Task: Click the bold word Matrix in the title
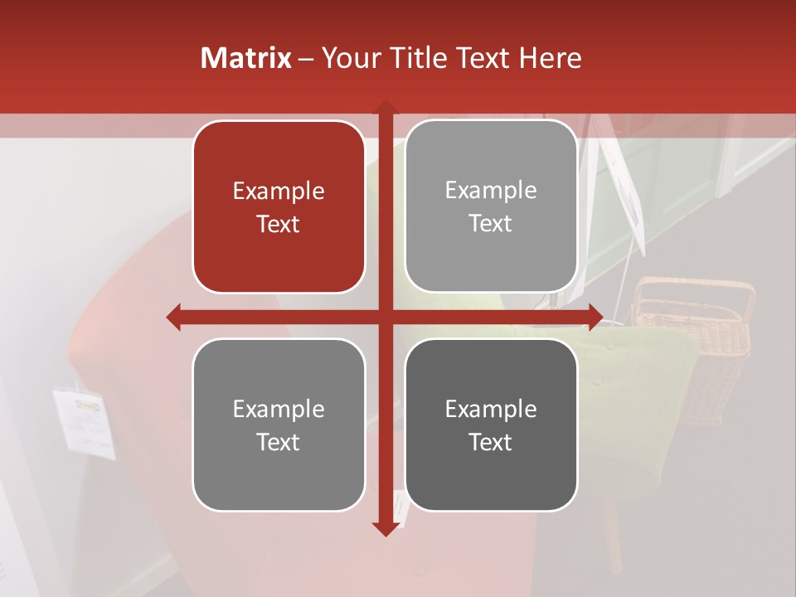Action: tap(246, 58)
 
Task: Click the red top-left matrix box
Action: tap(279, 206)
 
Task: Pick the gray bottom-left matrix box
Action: tap(279, 425)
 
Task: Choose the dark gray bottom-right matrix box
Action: tap(491, 425)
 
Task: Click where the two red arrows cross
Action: tap(385, 317)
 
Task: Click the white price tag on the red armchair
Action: tap(85, 421)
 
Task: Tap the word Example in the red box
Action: tap(279, 192)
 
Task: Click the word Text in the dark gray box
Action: tap(491, 442)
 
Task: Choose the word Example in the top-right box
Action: tap(491, 191)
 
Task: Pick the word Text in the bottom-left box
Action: tap(279, 442)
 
